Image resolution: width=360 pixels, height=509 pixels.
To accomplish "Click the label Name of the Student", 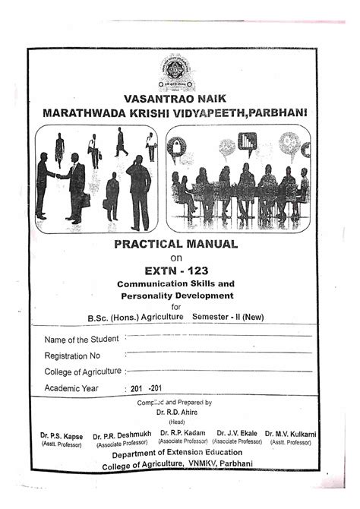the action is (x=82, y=339).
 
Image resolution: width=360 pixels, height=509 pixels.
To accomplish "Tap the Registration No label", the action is (x=73, y=356).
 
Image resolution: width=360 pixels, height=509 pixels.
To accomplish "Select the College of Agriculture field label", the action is (x=84, y=371).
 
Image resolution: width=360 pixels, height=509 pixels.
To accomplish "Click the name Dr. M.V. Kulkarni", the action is (x=292, y=435).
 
